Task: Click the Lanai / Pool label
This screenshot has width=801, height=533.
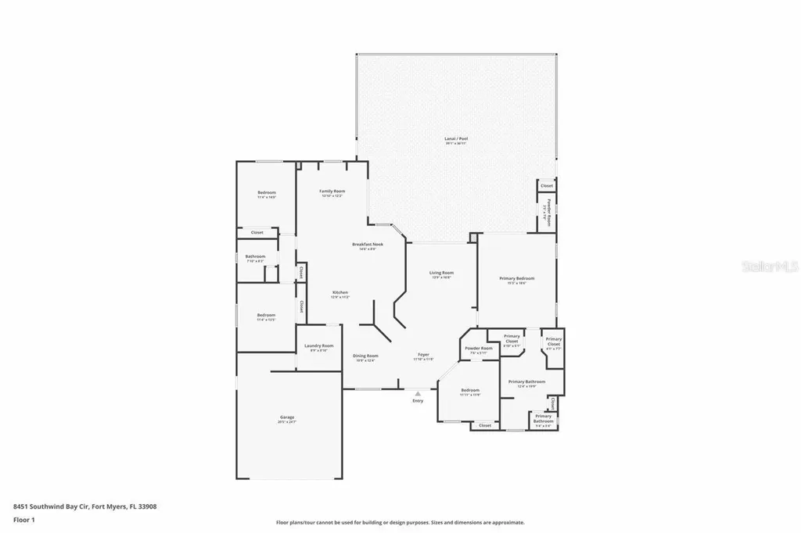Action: click(x=456, y=139)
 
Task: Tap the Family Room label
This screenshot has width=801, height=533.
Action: click(x=332, y=191)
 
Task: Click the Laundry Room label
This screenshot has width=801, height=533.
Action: click(x=318, y=346)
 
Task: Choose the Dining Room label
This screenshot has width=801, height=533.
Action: click(x=366, y=356)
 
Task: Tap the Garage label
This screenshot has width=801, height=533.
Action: click(x=287, y=418)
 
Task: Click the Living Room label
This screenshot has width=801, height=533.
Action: click(x=441, y=274)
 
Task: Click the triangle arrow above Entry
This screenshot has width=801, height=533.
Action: click(x=418, y=393)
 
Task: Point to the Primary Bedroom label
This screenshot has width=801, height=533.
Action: click(x=517, y=279)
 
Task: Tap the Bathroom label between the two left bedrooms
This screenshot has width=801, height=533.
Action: click(x=255, y=256)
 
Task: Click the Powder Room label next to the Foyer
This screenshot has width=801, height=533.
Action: click(x=478, y=349)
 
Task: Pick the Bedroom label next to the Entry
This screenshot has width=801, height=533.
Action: click(x=469, y=390)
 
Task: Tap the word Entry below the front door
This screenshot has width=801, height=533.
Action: click(x=418, y=401)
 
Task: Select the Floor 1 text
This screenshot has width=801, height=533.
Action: click(x=24, y=519)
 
